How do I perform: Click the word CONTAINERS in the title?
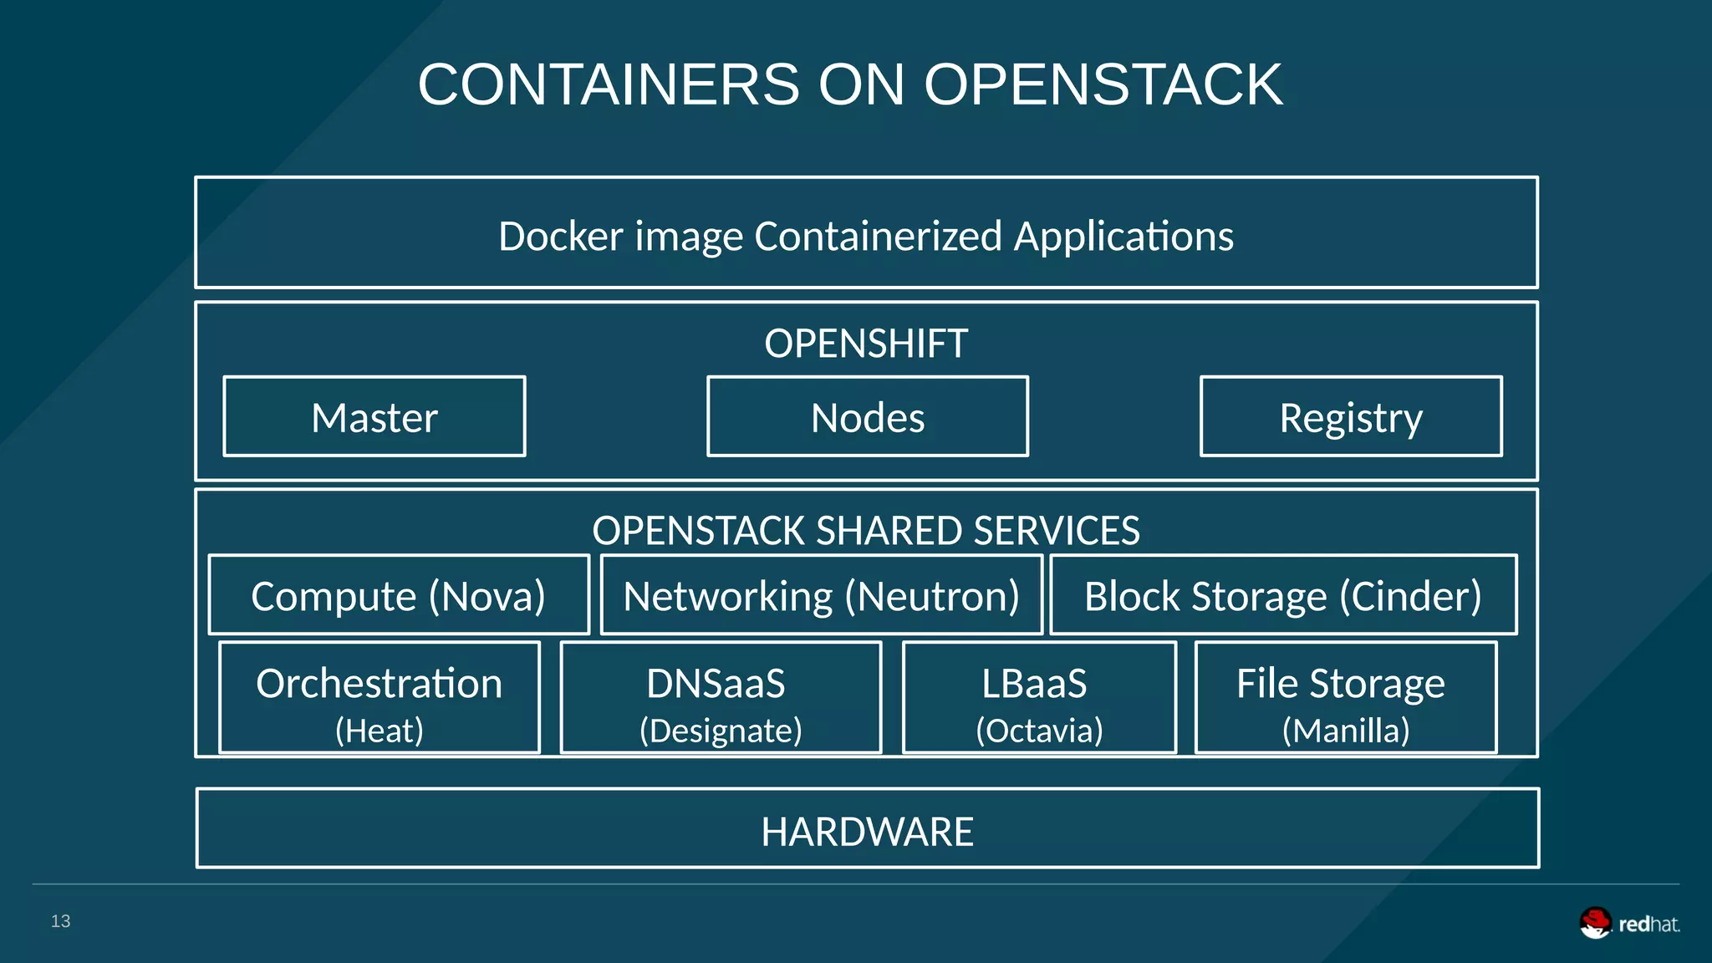[609, 85]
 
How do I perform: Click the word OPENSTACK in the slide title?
[1103, 85]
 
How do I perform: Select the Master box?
[374, 417]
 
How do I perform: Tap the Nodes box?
[868, 417]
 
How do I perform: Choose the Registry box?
[1351, 417]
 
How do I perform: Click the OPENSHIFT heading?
[866, 344]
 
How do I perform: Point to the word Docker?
[561, 236]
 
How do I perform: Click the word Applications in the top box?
[1123, 236]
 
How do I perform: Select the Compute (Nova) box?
[399, 596]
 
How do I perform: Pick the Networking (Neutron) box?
[821, 596]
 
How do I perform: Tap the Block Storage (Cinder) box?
[1283, 596]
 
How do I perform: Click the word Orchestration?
[380, 684]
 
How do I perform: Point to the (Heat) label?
[380, 731]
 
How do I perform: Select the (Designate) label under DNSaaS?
[721, 731]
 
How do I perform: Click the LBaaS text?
[1035, 684]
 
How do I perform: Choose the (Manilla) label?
[1346, 731]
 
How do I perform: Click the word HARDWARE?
[867, 832]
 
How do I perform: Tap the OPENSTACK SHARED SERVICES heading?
[866, 531]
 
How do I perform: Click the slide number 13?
[60, 921]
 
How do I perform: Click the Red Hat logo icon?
[1595, 923]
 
